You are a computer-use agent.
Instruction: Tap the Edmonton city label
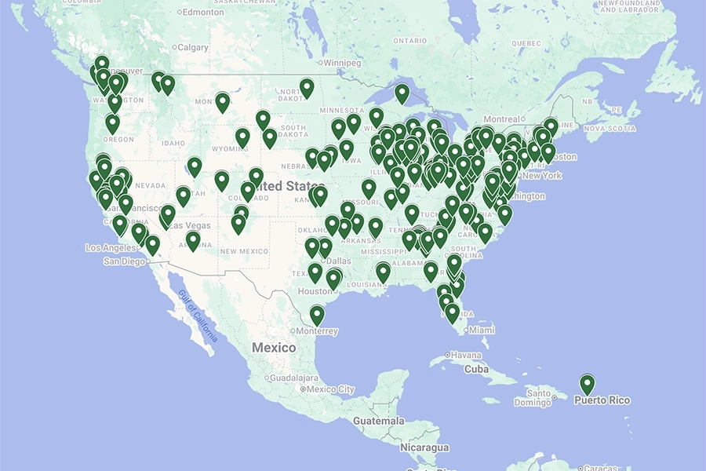(x=204, y=12)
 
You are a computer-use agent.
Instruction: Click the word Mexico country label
(x=274, y=347)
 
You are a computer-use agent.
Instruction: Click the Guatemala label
(x=378, y=421)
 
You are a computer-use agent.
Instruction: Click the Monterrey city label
(x=318, y=331)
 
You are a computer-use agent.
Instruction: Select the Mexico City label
(x=329, y=389)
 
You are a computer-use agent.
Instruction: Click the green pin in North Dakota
(x=307, y=87)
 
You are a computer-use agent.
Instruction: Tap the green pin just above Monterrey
(x=317, y=315)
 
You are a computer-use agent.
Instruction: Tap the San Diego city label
(x=124, y=261)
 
